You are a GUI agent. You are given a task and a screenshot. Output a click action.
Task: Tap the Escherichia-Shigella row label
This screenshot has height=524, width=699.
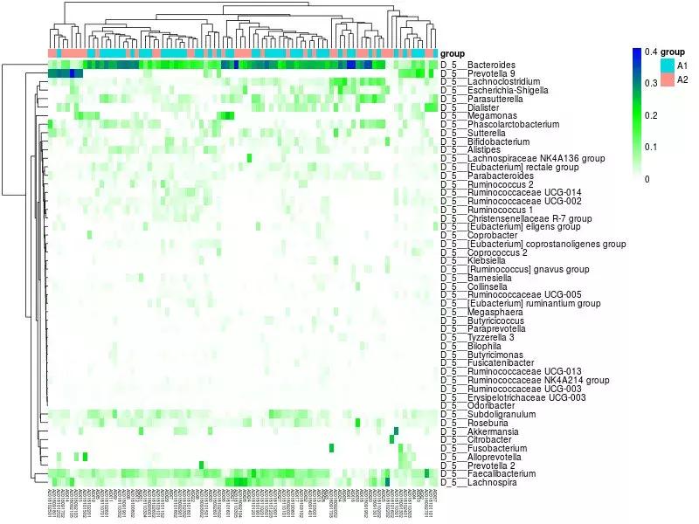pos(499,90)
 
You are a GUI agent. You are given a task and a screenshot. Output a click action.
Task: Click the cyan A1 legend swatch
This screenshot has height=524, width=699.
pos(668,65)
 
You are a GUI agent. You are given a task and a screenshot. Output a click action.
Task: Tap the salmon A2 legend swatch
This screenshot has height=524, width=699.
pos(668,79)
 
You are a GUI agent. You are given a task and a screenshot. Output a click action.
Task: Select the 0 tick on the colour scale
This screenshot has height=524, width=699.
pos(647,179)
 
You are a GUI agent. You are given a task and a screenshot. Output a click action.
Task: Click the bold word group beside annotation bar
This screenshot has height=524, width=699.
pos(453,53)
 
